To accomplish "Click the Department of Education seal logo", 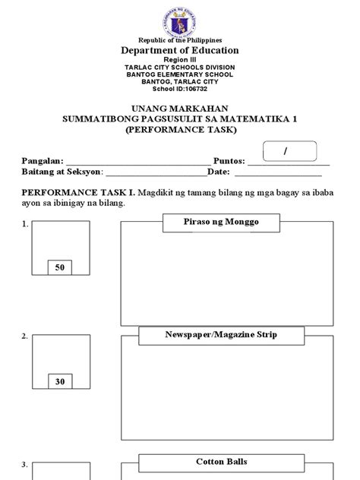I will pos(179,20).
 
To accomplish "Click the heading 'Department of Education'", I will pos(180,51).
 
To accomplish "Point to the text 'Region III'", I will pos(180,60).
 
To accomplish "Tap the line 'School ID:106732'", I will pos(180,88).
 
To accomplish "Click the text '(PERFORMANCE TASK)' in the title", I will pos(180,130).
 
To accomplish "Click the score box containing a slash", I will pos(286,152).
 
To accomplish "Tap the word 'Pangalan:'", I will pos(42,162).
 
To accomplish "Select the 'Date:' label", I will pos(217,172).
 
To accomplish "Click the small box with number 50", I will pos(60,268).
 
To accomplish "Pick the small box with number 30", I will pos(60,382).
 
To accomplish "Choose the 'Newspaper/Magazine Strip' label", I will pos(221,335).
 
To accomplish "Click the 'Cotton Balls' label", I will pos(221,462).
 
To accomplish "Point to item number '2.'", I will pos(25,336).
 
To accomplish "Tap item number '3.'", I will pos(25,465).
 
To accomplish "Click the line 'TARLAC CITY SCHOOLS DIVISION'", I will pos(180,68).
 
